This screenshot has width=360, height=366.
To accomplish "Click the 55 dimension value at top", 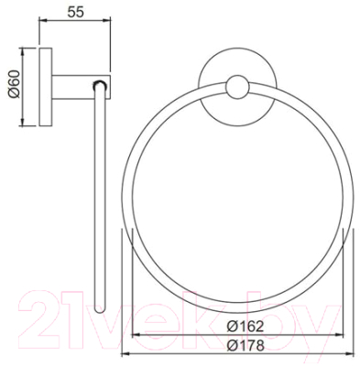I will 79,14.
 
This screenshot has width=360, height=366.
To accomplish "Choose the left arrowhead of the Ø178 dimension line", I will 125,354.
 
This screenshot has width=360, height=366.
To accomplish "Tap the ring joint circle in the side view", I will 101,88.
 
